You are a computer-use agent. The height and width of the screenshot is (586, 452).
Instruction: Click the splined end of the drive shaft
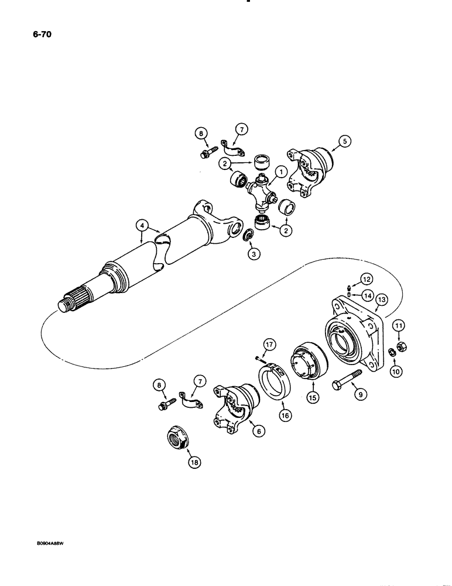(75, 297)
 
